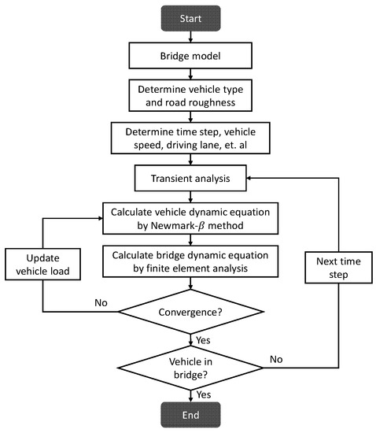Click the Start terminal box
pyautogui.click(x=190, y=19)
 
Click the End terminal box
pyautogui.click(x=190, y=415)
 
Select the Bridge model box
pyautogui.click(x=190, y=56)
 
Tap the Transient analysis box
pyautogui.click(x=190, y=178)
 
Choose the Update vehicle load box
pyautogui.click(x=42, y=265)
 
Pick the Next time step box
pyautogui.click(x=338, y=268)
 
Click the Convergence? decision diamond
pyautogui.click(x=190, y=312)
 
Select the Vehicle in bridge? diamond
pyautogui.click(x=190, y=368)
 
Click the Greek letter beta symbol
pyautogui.click(x=201, y=226)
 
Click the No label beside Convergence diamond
pyautogui.click(x=101, y=302)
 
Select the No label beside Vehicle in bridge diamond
pyautogui.click(x=276, y=359)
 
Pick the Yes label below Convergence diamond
pyautogui.click(x=203, y=340)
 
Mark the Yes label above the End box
pyautogui.click(x=204, y=394)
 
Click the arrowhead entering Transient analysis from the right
pyautogui.click(x=249, y=178)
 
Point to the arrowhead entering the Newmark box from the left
pyautogui.click(x=101, y=218)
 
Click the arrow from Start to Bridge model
pyautogui.click(x=190, y=37)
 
